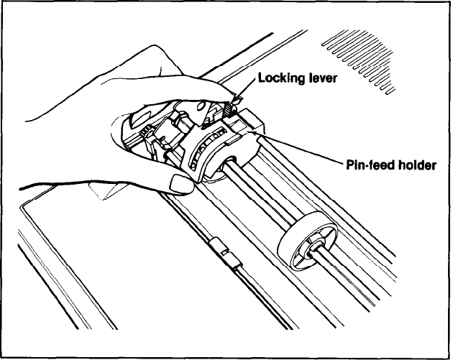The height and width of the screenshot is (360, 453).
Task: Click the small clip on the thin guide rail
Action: [x=225, y=253]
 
